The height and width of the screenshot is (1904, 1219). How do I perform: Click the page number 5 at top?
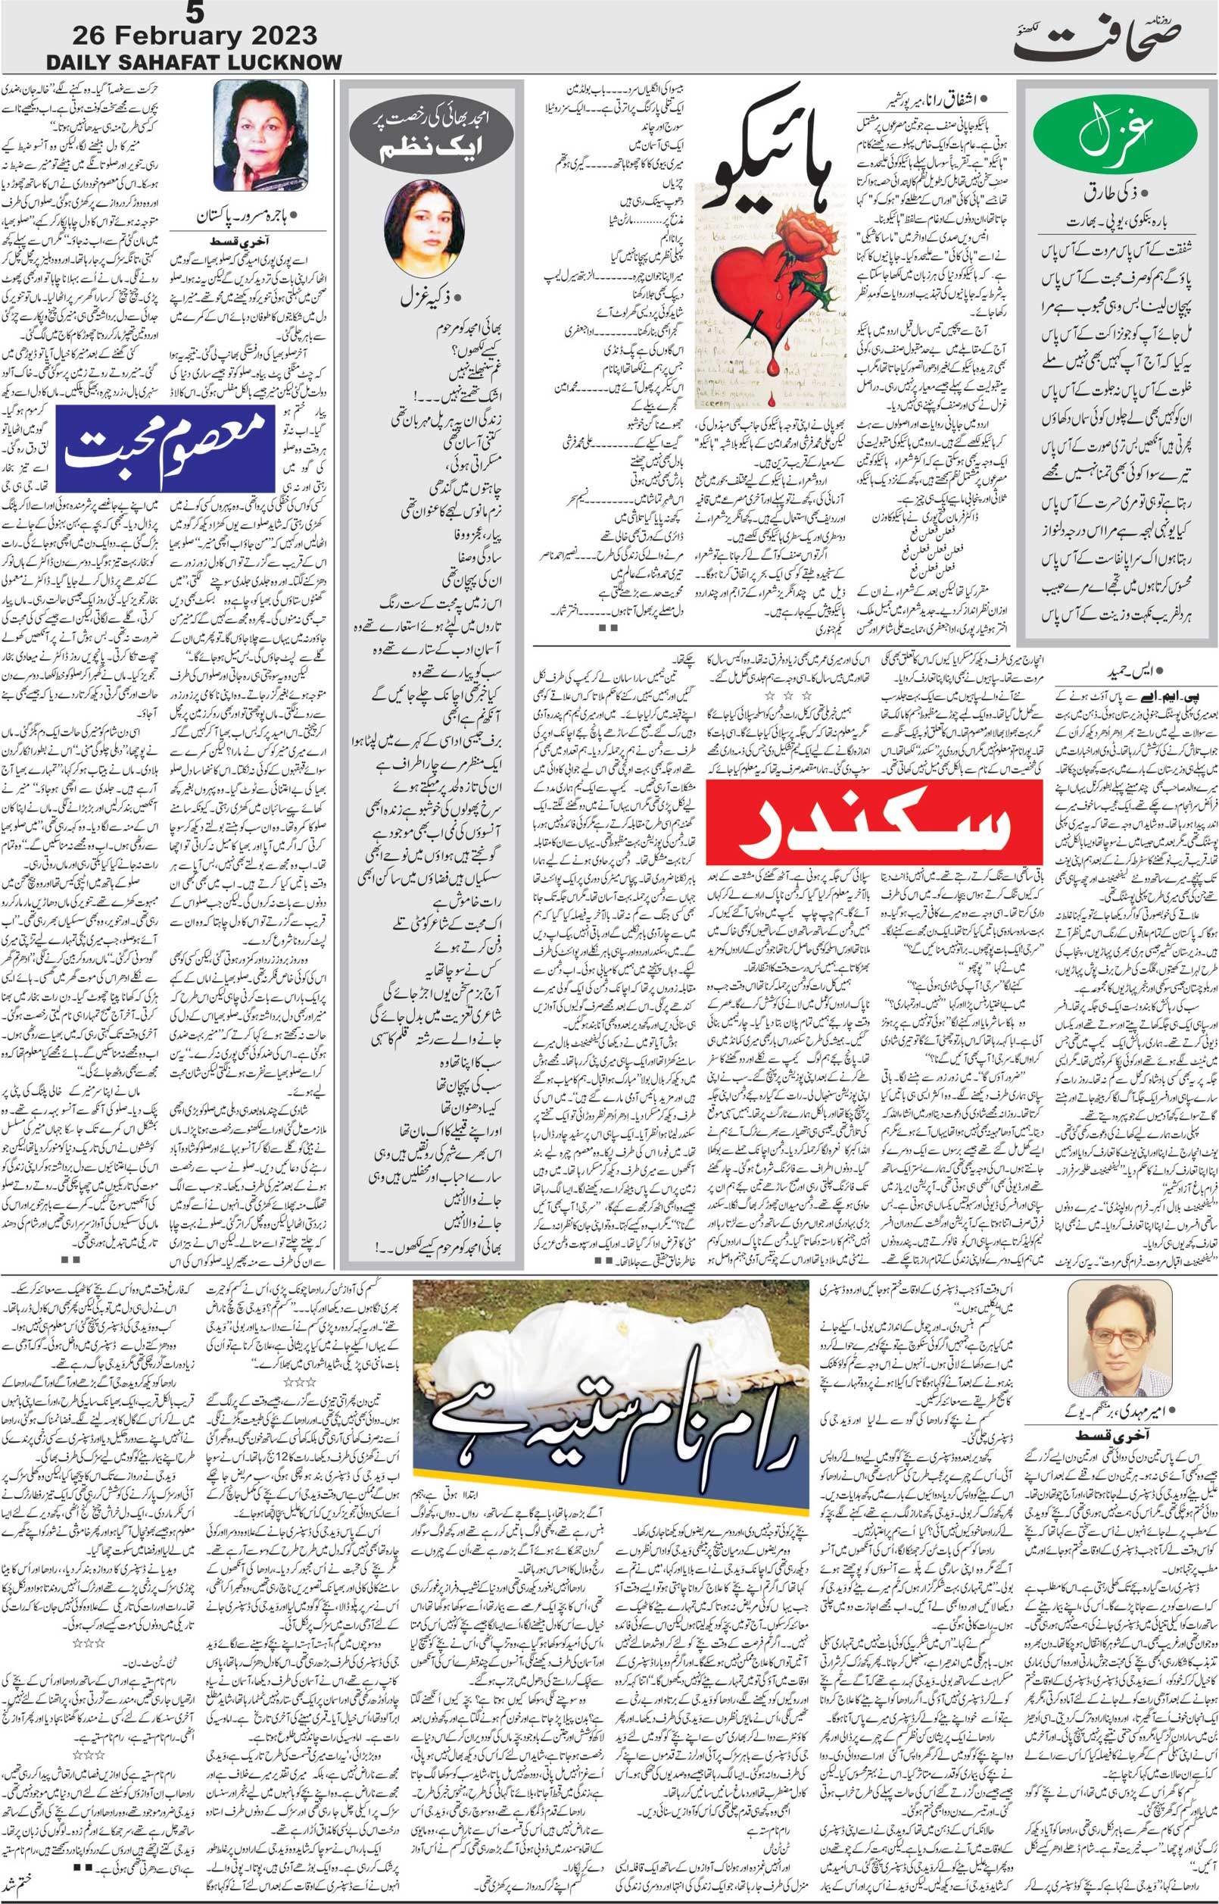click(193, 14)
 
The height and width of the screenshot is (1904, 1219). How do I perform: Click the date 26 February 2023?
click(194, 36)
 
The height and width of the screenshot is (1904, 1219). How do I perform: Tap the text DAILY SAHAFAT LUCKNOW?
click(194, 62)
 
